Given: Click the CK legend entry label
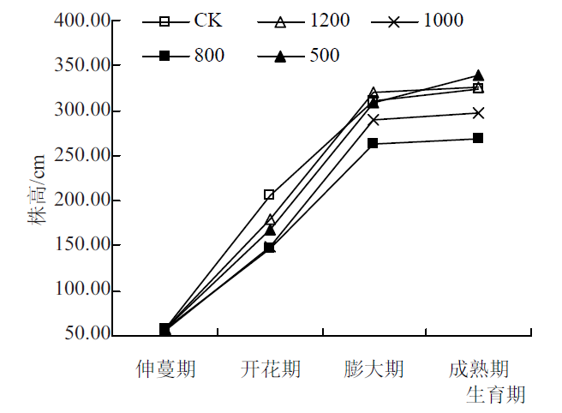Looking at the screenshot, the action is pos(208,20).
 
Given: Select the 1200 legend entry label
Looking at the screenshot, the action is pos(330,20).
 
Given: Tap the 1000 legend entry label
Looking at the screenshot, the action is pos(444,20).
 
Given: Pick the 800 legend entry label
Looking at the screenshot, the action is pos(210,55).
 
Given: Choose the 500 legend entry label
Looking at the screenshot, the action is pos(325,55).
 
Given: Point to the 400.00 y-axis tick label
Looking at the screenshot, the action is pos(82,20).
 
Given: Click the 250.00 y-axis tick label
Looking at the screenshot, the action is pos(82,155).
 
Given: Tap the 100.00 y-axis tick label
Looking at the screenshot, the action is pos(82,289).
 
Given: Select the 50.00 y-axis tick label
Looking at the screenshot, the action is pos(87,333).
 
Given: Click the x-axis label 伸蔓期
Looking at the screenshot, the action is pos(165,369).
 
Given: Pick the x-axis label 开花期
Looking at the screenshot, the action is pos(270,369).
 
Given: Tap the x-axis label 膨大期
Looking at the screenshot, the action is pos(374,369).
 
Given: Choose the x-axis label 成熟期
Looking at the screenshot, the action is pos(479,369).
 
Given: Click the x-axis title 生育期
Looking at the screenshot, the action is pos(496,395).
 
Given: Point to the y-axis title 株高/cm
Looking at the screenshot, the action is pos(37,189).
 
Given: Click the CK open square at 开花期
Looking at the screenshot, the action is pos(269,195).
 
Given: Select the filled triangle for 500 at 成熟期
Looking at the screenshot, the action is pos(479,75).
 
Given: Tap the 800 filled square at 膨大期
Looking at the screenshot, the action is pos(374,143).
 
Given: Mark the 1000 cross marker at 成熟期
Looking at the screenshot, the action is pos(479,113).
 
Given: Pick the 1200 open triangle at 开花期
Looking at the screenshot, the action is pos(271,219).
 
